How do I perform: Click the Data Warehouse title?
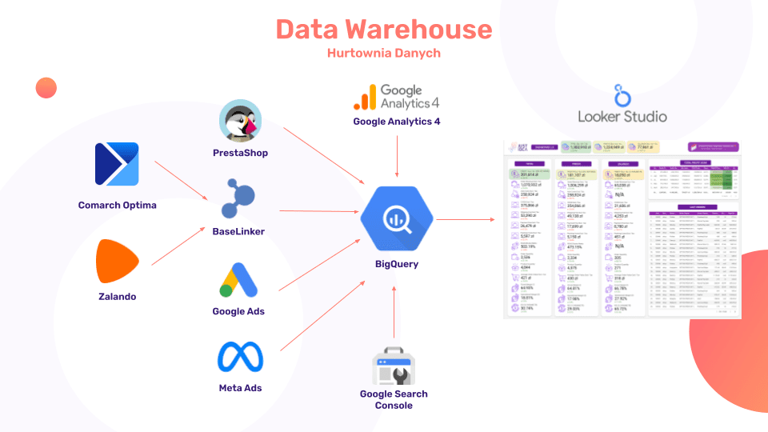point(384,30)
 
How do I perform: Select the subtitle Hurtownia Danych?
point(384,54)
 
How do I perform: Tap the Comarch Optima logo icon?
point(117,164)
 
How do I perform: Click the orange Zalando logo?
point(117,261)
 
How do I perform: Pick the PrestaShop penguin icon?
point(240,122)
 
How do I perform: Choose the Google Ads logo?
point(238,280)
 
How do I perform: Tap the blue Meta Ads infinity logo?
point(240,358)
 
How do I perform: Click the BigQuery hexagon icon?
point(396,218)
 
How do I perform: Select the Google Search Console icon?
point(393,366)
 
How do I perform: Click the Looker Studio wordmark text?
point(622,116)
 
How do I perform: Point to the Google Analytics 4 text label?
point(397,122)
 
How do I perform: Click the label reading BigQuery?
point(397,264)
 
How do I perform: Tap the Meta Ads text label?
point(240,388)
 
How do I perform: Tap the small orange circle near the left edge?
point(46,87)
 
